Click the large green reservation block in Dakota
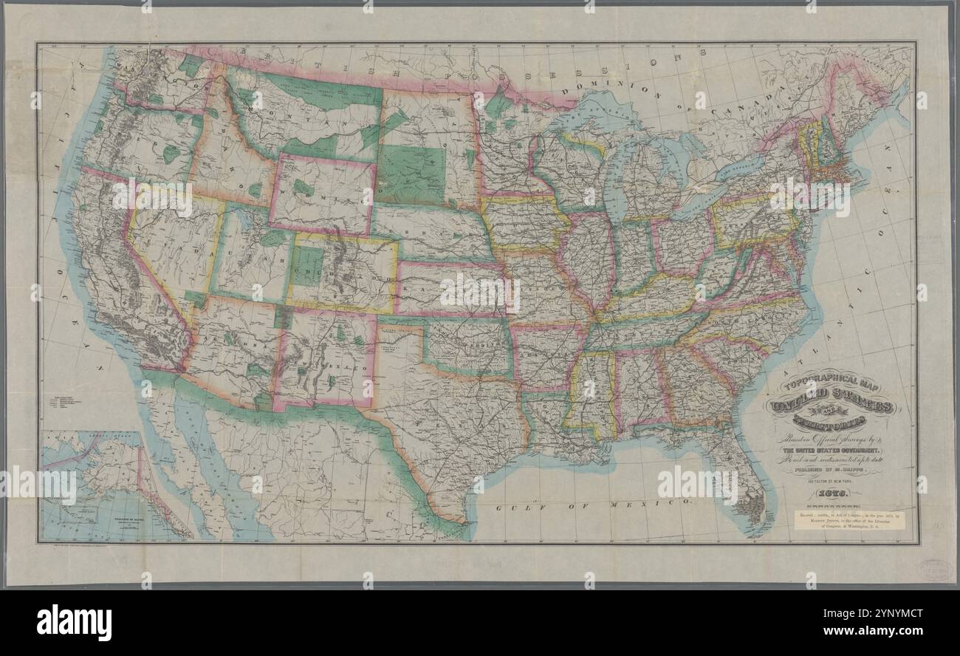pyautogui.click(x=411, y=174)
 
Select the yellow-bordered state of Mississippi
pyautogui.click(x=591, y=392)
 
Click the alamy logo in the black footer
pyautogui.click(x=74, y=622)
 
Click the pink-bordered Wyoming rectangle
pyautogui.click(x=321, y=194)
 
